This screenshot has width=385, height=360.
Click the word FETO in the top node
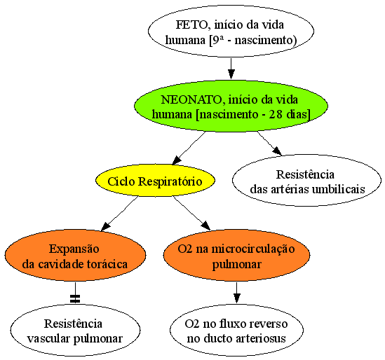tap(191, 25)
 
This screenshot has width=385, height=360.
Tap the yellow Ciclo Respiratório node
tap(155, 181)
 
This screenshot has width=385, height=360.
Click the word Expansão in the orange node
tap(74, 249)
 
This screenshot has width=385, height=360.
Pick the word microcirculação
tap(253, 249)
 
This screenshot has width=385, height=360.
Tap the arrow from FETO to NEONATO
tap(231, 69)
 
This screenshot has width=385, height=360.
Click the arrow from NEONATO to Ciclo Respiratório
tap(189, 148)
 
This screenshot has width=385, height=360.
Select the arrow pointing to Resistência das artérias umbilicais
tap(269, 144)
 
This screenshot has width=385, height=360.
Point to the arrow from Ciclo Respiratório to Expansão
tap(119, 214)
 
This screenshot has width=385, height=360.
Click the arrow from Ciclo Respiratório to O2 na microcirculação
tap(191, 213)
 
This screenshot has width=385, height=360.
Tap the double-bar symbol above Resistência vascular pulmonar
tap(75, 298)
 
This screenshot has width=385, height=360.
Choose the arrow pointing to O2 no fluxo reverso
tap(236, 293)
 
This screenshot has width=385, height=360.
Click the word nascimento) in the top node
tap(266, 40)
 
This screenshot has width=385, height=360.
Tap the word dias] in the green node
tap(298, 115)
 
